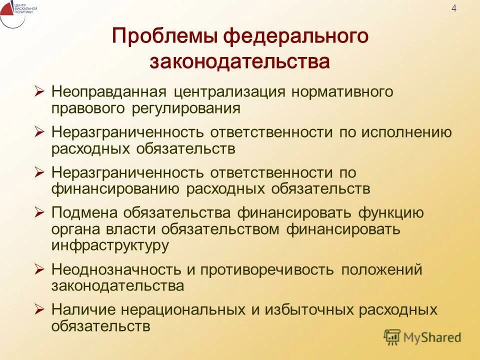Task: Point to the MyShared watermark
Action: [x=422, y=337]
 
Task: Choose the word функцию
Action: [x=391, y=212]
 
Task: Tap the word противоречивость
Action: [x=267, y=269]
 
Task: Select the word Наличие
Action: [x=81, y=309]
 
